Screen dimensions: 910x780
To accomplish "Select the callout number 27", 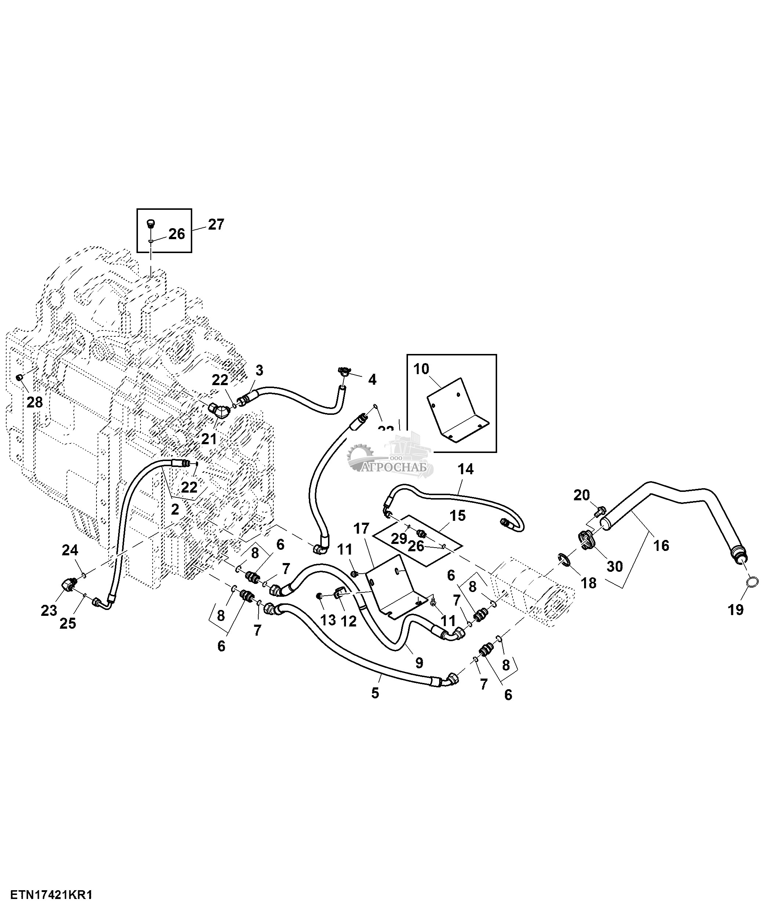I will click(216, 224).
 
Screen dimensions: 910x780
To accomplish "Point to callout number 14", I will click(466, 469).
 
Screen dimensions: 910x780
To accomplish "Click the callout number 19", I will click(736, 610).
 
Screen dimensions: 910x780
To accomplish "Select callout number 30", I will click(615, 567).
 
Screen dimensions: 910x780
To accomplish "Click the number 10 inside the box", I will click(421, 369).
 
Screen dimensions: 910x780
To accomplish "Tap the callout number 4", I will click(372, 380).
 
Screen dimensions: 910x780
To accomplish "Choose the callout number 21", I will click(209, 439).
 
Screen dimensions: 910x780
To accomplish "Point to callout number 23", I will click(49, 610).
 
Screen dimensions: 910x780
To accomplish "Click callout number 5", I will click(375, 693).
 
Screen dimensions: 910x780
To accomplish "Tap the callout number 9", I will click(419, 663).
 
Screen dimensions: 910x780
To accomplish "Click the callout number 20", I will click(582, 496).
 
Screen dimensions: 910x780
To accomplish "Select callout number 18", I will click(588, 583).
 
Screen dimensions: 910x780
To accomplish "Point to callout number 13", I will click(328, 620).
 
